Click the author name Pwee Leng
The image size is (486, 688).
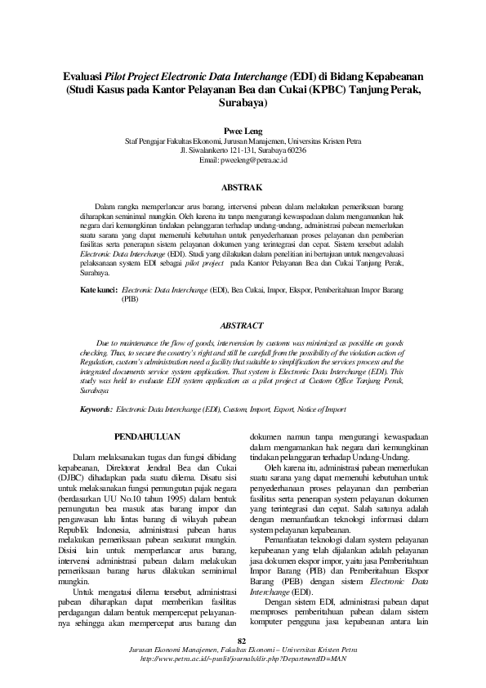[x=243, y=130]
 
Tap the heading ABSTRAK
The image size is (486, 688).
[x=243, y=187]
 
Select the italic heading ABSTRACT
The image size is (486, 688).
[x=243, y=324]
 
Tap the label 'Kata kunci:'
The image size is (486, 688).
[x=99, y=290]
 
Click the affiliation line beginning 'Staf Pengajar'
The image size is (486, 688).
[x=243, y=141]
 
